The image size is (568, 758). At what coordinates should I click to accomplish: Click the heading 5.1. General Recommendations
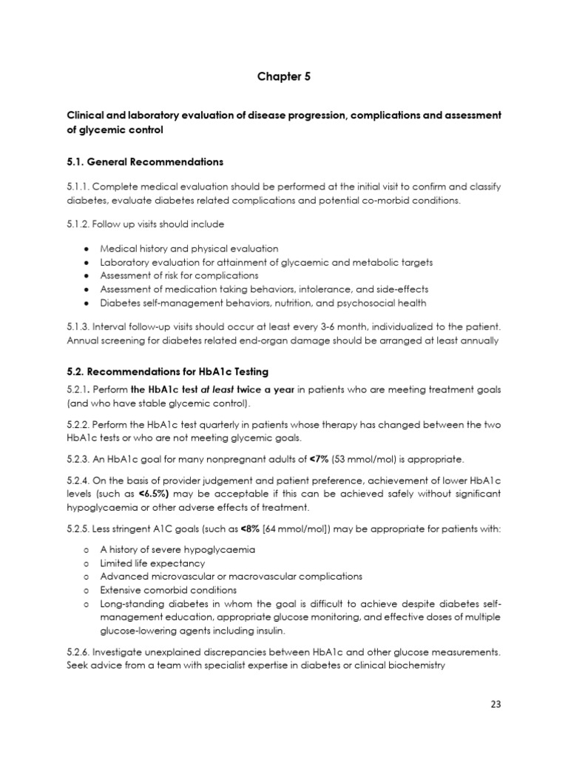145,161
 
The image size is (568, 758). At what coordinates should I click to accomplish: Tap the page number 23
496,704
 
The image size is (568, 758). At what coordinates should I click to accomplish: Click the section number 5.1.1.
78,187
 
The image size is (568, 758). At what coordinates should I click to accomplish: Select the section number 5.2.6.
78,652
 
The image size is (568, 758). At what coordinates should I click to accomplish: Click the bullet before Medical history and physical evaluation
87,249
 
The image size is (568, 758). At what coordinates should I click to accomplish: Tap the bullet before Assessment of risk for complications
87,275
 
